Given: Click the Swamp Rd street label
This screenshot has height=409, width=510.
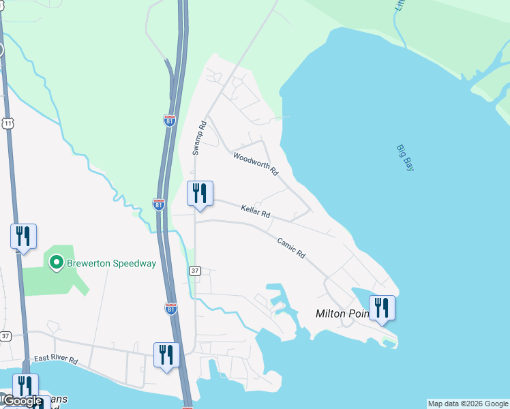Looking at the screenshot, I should (x=198, y=138).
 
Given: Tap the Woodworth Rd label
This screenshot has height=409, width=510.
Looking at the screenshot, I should (x=256, y=164).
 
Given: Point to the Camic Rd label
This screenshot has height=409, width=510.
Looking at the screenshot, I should (x=291, y=247).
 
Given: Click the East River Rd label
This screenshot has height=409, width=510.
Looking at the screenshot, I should (x=56, y=359).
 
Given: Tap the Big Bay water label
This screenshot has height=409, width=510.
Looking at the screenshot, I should (x=405, y=157).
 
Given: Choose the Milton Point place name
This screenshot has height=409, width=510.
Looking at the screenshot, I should (x=342, y=314).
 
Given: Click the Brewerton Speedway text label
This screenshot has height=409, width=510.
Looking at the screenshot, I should (x=111, y=263).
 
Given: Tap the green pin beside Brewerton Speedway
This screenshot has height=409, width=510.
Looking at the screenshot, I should (x=56, y=262).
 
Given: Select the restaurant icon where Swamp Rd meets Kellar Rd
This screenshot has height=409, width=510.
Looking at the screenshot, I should (x=200, y=194).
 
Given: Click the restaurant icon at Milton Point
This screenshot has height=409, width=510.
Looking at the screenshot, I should (x=382, y=307).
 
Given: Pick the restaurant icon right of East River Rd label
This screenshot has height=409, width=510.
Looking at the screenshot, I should (x=166, y=355).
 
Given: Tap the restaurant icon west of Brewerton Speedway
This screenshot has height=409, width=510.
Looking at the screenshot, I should (x=23, y=237).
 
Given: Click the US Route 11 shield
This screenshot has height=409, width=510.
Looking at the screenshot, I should (x=7, y=123).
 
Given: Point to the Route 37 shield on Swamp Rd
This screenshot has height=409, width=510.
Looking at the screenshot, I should (x=195, y=271).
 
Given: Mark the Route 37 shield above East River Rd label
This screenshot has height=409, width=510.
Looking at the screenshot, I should (x=5, y=336).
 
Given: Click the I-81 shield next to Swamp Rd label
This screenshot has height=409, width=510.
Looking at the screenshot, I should (x=170, y=121).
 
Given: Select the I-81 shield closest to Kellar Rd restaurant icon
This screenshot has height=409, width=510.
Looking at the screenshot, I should (x=159, y=204).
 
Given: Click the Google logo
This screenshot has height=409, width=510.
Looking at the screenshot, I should (x=22, y=402).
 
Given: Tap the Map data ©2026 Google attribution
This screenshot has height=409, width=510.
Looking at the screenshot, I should (x=467, y=404).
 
